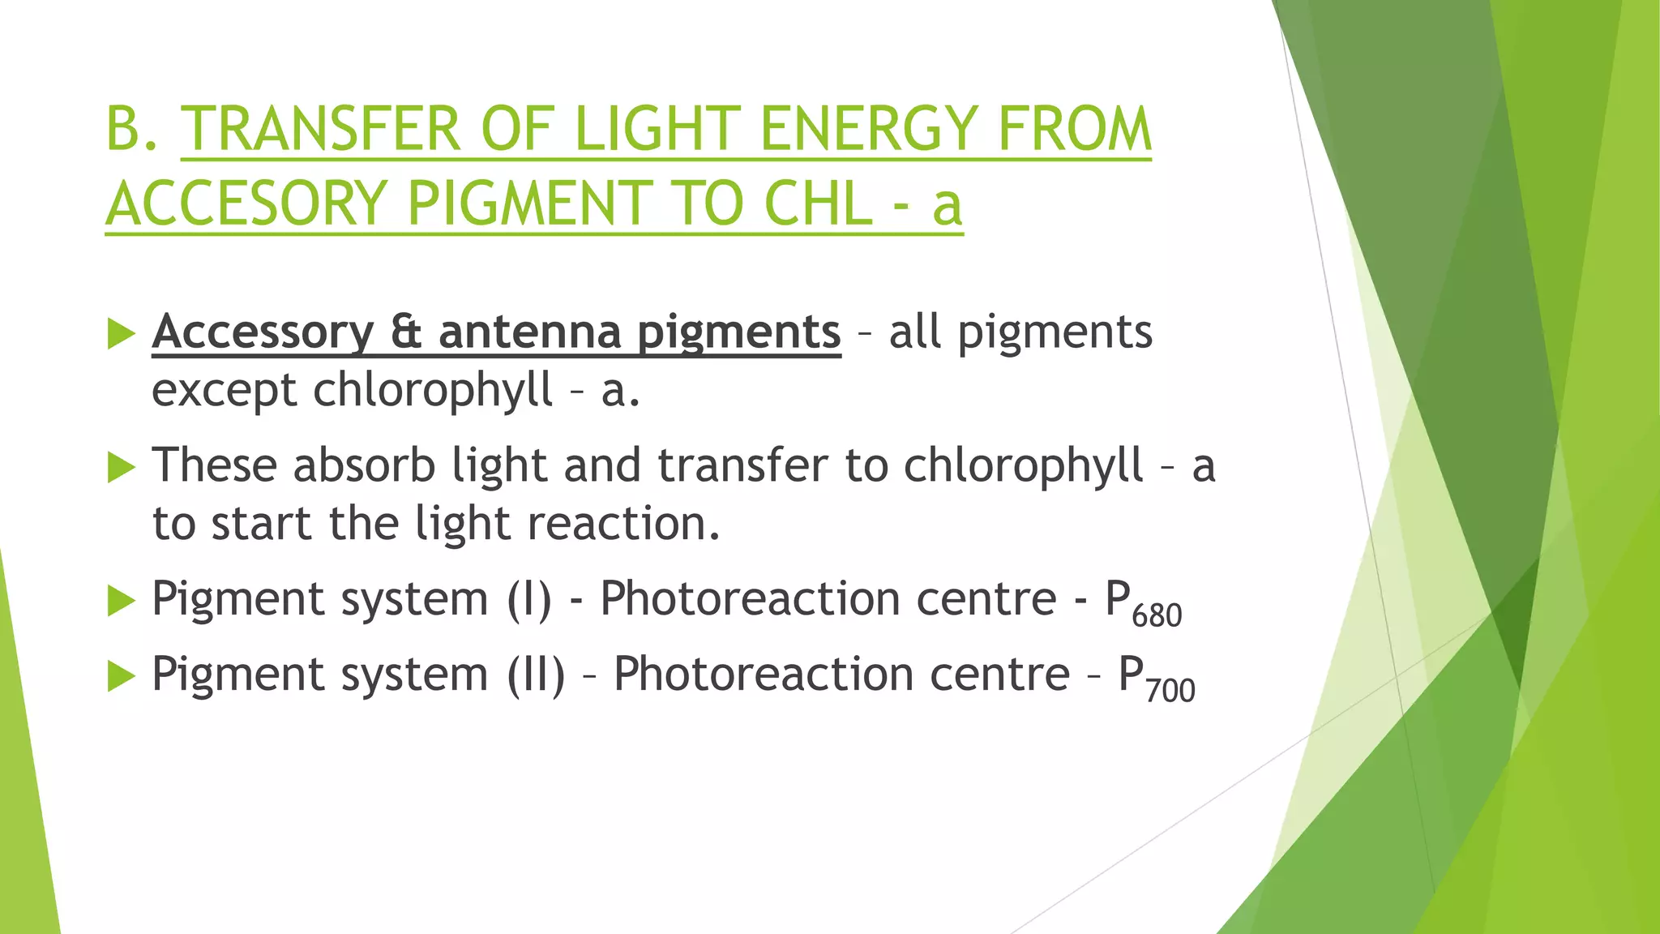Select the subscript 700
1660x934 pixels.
coord(1170,691)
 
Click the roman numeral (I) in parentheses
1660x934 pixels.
coord(530,600)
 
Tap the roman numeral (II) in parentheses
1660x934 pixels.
coord(536,675)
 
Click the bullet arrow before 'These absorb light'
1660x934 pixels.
coord(121,467)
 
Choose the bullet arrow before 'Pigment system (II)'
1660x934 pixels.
coord(121,676)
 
